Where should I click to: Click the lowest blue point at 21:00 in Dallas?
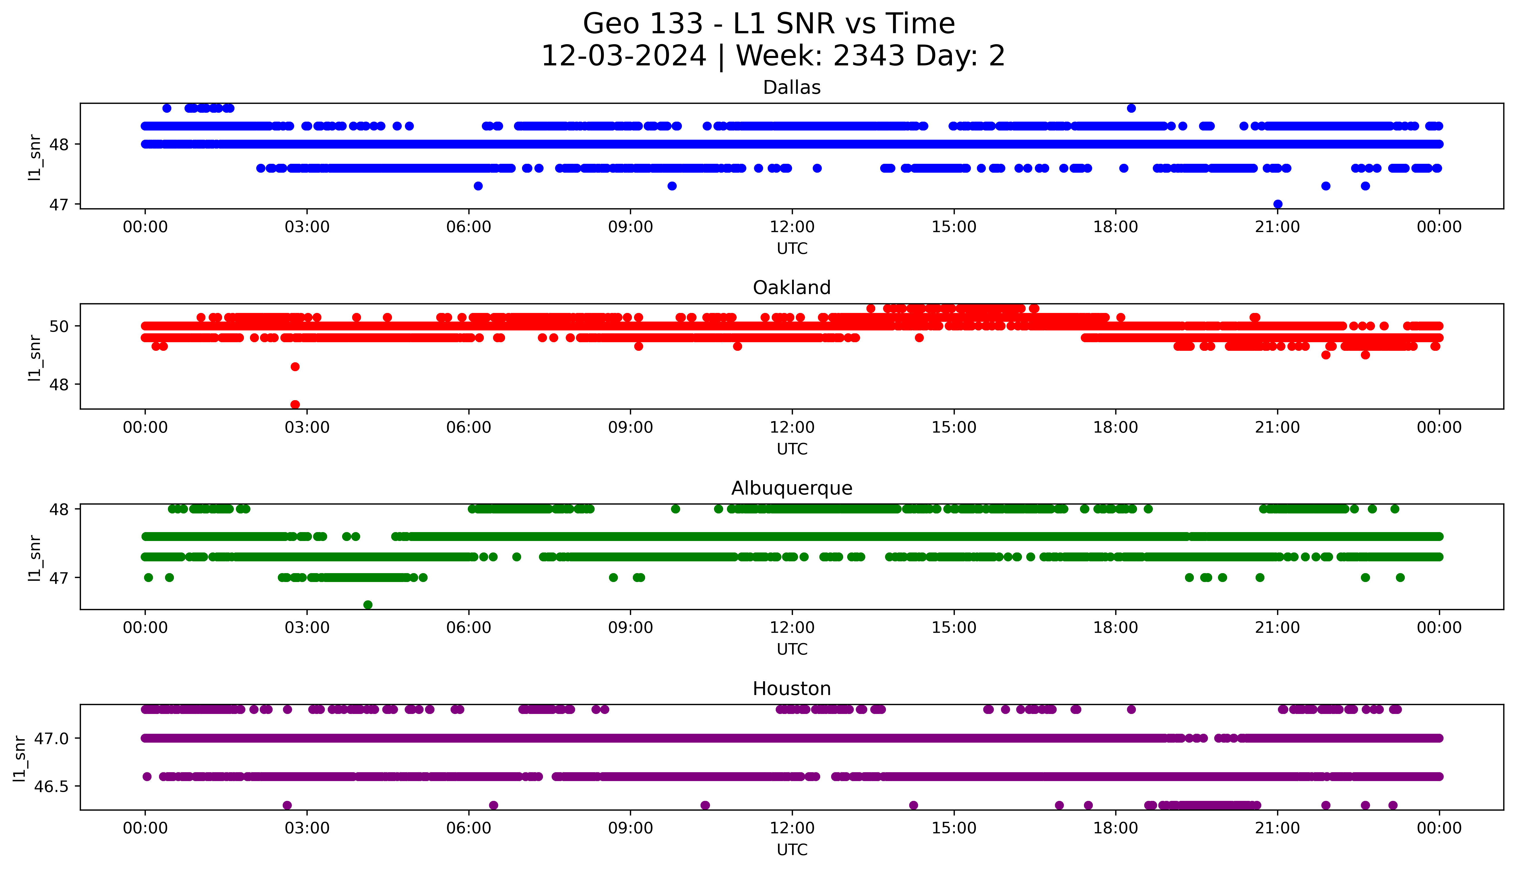pyautogui.click(x=1278, y=204)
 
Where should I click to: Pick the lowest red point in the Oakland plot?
pyautogui.click(x=295, y=404)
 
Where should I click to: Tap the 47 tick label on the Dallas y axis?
pyautogui.click(x=59, y=204)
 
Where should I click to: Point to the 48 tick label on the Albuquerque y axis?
pyautogui.click(x=59, y=509)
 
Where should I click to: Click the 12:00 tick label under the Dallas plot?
pyautogui.click(x=792, y=227)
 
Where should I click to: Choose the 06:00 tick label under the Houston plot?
pyautogui.click(x=469, y=828)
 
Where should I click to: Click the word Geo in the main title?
pyautogui.click(x=611, y=24)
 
